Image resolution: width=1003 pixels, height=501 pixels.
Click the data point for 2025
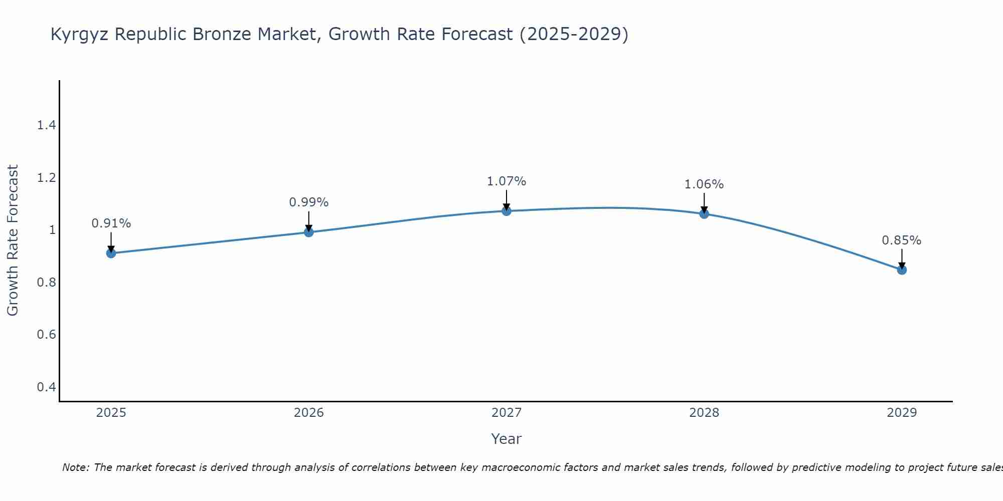coord(111,253)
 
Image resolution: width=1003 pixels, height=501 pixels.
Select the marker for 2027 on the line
coord(507,211)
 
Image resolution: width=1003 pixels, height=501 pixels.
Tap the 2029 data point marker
coord(902,270)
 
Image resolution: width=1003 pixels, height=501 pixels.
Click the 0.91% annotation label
coord(111,223)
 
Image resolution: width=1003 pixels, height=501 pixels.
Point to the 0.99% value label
coord(308,202)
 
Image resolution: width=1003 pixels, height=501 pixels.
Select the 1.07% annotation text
coord(507,181)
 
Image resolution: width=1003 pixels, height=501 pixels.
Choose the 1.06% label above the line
coord(704,184)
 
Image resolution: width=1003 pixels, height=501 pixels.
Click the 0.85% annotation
coord(901,240)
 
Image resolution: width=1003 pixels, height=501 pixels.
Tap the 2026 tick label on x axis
coord(308,413)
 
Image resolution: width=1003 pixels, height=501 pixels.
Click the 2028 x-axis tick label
coord(704,413)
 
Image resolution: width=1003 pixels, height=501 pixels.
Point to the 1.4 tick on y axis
coord(46,125)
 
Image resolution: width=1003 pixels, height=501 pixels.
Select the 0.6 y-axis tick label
coord(46,334)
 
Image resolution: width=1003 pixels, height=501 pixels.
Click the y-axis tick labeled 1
coord(52,230)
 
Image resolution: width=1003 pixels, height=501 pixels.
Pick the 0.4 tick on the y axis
coord(46,387)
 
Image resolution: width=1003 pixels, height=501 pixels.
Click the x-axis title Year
coord(506,439)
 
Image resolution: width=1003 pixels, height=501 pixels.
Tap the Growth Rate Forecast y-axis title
coord(13,240)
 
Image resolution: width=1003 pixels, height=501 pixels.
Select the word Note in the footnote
coord(75,467)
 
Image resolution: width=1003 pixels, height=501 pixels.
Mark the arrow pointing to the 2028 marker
coord(704,203)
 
